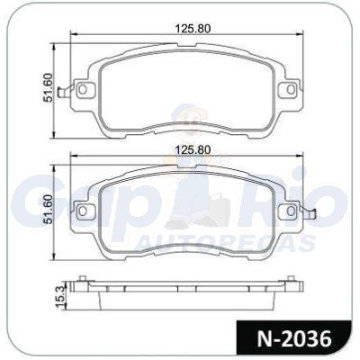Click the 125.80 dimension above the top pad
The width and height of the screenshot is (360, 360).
tap(193, 29)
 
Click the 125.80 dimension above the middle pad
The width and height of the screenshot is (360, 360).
tap(193, 149)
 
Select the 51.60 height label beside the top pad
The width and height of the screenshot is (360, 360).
tap(48, 88)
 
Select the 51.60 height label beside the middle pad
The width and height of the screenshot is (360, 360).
tap(48, 209)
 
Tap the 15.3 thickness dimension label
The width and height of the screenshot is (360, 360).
tap(60, 297)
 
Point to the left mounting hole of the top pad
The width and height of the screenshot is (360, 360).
tap(83, 89)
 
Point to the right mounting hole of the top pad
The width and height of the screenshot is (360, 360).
tap(290, 89)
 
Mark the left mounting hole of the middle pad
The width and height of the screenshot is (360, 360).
tap(83, 211)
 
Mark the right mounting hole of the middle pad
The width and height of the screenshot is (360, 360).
tap(290, 211)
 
